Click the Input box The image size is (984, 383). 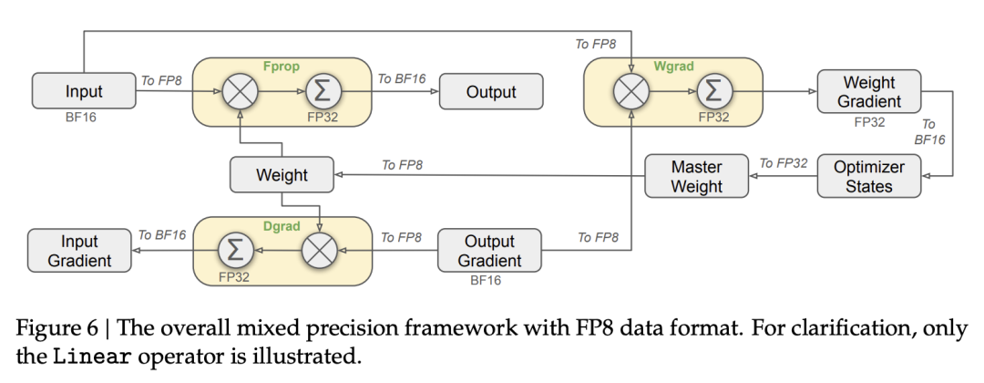[84, 91]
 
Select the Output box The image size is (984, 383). [491, 91]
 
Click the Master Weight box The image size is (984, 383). [696, 177]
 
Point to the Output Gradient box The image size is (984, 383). [490, 251]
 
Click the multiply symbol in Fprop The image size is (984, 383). [241, 91]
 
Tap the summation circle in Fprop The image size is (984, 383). [320, 91]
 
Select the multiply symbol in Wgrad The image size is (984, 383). [631, 91]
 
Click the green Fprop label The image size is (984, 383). [280, 67]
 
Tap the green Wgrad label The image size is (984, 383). [672, 67]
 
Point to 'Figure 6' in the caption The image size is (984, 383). [56, 328]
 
